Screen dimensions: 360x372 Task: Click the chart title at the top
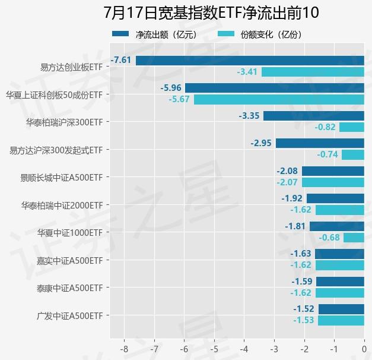coord(186,12)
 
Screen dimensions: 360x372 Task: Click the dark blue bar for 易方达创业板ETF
coord(250,60)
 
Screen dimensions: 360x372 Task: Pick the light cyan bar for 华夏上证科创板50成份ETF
coord(279,99)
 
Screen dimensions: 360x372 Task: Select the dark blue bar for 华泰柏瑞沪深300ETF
coord(313,116)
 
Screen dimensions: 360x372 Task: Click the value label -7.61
coord(121,60)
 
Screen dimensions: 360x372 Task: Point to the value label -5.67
coord(179,99)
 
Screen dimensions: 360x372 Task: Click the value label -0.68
coord(329,238)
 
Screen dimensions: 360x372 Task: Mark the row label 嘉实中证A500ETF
coord(69,260)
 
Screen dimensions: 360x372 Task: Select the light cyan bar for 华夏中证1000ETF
coord(354,238)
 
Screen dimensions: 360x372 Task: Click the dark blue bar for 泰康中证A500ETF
coord(340,282)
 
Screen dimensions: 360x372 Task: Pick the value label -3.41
coord(247,72)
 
